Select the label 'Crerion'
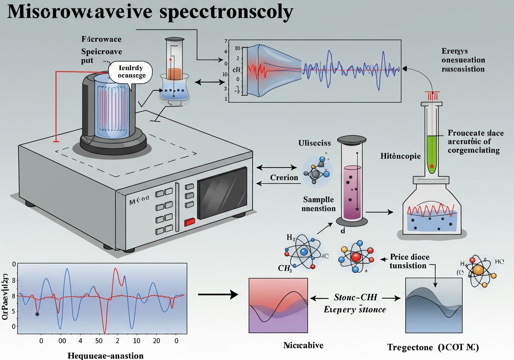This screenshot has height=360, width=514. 284,177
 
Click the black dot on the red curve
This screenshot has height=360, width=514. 37,314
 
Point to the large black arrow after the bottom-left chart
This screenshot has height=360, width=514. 218,295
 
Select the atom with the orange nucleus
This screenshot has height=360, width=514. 477,270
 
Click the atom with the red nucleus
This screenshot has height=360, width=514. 356,257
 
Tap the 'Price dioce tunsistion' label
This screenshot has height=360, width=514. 409,261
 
